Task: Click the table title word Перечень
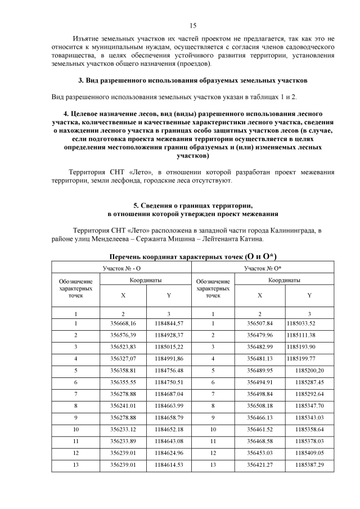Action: pyautogui.click(x=127, y=256)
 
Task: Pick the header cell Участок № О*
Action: pyautogui.click(x=263, y=268)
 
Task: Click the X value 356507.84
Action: pyautogui.click(x=260, y=323)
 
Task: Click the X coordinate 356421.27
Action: pyautogui.click(x=260, y=465)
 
